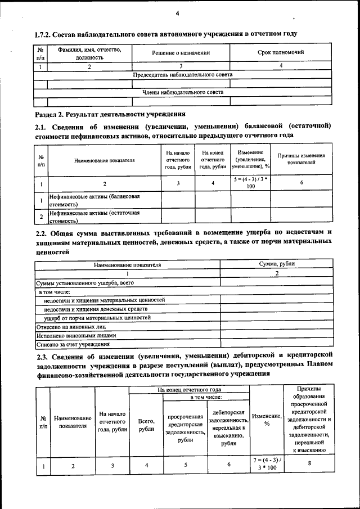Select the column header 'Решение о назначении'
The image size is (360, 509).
(181, 53)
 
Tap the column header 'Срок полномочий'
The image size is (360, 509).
(281, 52)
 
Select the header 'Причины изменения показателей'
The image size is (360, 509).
(301, 159)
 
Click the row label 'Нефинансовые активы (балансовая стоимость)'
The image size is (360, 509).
(94, 200)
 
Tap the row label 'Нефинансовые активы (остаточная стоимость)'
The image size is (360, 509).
(94, 217)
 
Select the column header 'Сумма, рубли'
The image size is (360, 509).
(277, 263)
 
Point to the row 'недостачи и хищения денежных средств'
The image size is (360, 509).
(96, 309)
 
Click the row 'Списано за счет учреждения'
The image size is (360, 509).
(73, 344)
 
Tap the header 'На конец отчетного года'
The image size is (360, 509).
(189, 389)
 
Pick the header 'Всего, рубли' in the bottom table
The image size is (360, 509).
(146, 425)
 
